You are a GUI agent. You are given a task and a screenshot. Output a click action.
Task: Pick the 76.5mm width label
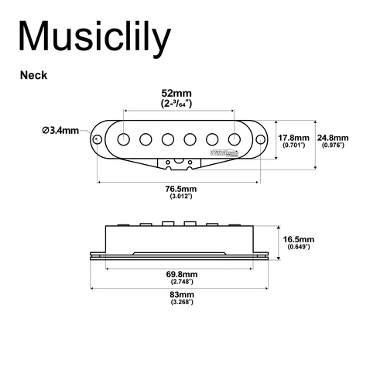[x=180, y=189]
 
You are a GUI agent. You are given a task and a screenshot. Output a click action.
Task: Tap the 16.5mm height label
[x=298, y=240]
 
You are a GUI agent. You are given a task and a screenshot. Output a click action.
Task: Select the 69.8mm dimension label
[x=180, y=274]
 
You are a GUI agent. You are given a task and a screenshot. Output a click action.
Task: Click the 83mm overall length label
[x=180, y=294]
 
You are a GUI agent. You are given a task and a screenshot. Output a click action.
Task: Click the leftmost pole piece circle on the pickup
[x=125, y=139]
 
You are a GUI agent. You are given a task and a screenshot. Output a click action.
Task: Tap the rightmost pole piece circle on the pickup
[x=232, y=139]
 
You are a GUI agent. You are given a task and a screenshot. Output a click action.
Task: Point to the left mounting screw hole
[x=98, y=139]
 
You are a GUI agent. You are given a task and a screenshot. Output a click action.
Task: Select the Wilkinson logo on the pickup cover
[x=220, y=153]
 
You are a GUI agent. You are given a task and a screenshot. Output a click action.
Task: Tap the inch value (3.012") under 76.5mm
[x=180, y=197]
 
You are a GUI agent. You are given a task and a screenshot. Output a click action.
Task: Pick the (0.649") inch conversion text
[x=298, y=247]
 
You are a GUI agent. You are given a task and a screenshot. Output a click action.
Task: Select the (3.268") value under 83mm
[x=180, y=302]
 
